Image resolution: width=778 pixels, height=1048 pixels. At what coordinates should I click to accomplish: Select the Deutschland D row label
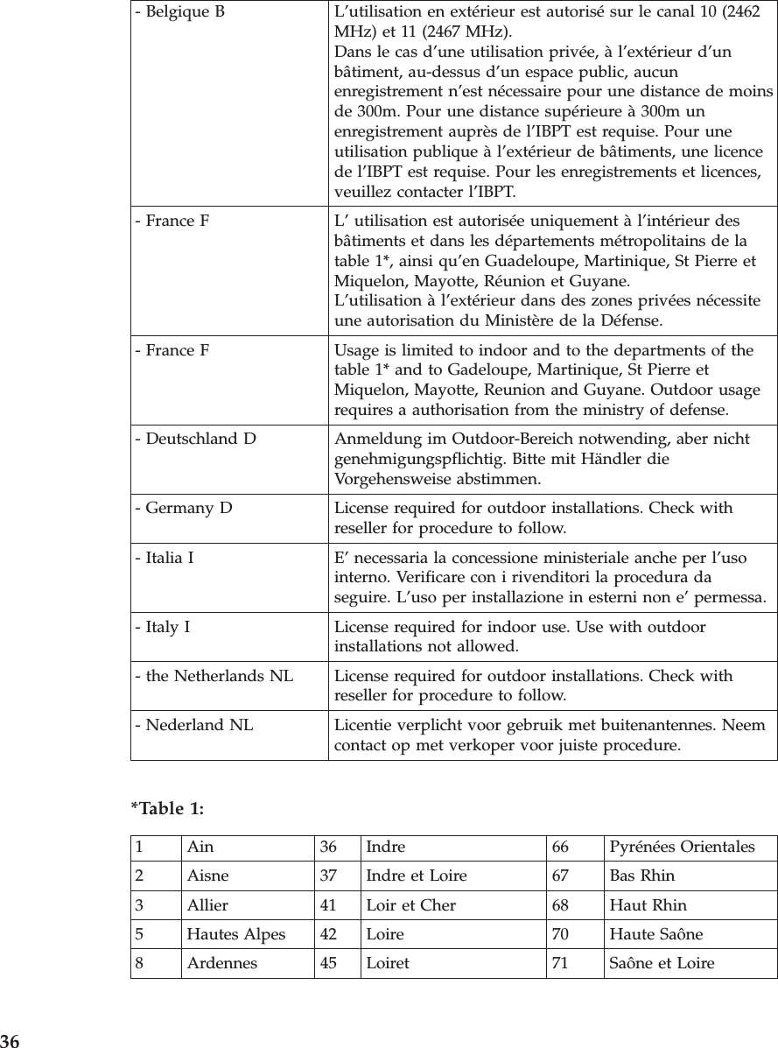[195, 439]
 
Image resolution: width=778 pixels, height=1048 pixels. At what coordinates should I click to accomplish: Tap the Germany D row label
[183, 509]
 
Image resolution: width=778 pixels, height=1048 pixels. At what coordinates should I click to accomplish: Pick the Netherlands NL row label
[214, 676]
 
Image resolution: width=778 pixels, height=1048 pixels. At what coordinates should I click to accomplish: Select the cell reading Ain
[200, 848]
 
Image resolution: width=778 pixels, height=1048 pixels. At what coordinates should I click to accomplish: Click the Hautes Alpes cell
[236, 934]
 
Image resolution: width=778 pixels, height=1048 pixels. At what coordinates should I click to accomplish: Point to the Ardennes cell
[222, 964]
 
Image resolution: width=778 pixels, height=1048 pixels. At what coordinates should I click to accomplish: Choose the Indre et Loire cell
[416, 876]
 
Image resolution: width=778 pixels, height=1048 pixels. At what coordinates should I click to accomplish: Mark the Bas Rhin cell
[641, 876]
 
